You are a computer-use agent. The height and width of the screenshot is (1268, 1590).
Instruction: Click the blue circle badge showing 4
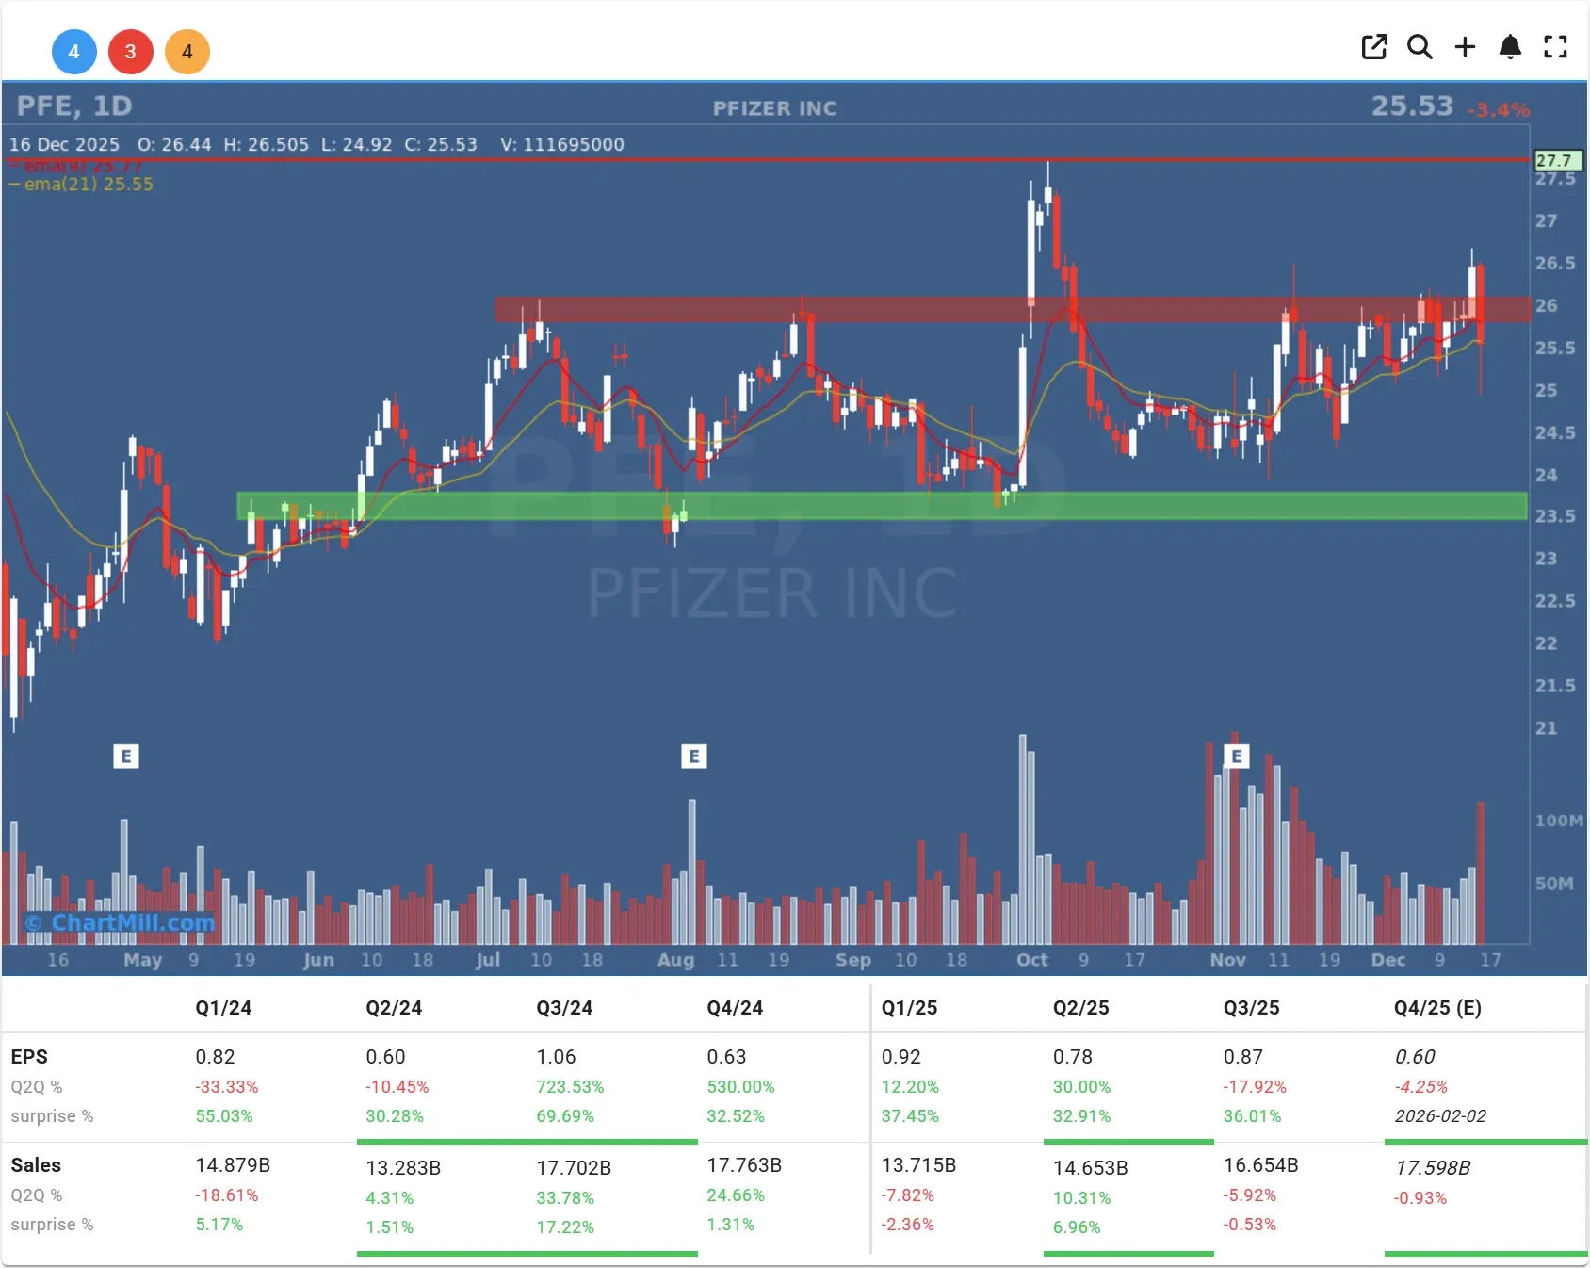coord(73,52)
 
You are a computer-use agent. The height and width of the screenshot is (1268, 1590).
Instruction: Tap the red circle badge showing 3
coord(130,52)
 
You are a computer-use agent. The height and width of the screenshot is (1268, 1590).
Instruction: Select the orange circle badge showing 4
coord(187,52)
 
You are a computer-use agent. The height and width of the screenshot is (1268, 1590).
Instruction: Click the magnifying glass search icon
coord(1420,47)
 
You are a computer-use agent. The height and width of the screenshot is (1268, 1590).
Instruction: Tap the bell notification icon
coord(1510,47)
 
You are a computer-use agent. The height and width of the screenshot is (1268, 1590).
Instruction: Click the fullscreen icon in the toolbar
coord(1555,47)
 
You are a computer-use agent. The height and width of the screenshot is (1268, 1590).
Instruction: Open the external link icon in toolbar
coord(1374,47)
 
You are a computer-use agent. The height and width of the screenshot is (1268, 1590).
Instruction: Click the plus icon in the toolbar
coord(1465,47)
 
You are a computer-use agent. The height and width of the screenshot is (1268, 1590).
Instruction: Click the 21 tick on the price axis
coord(1546,728)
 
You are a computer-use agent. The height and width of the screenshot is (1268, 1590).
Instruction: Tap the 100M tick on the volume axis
coord(1558,821)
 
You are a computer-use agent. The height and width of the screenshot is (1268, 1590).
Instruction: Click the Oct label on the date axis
coord(1031,960)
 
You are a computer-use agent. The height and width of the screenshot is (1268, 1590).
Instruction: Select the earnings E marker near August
coord(693,756)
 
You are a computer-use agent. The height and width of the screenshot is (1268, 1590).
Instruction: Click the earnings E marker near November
coord(1236,756)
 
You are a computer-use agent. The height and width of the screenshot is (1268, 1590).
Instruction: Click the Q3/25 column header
coord(1251,1008)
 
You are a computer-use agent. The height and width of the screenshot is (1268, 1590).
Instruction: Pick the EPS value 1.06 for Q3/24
coord(556,1057)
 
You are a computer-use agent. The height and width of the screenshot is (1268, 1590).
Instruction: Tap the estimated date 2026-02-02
coord(1440,1116)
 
